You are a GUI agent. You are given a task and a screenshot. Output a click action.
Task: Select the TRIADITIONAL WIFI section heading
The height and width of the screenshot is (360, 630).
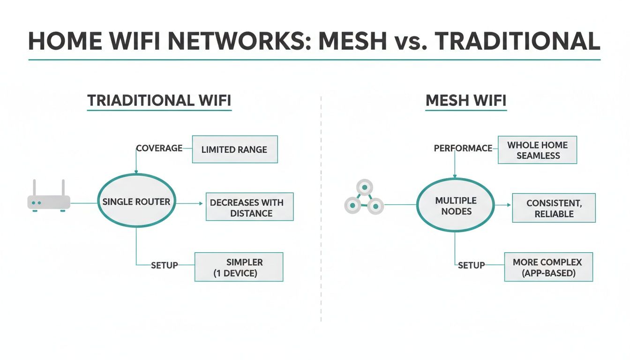[159, 100]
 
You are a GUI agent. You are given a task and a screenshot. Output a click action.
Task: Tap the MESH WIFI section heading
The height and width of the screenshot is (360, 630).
[465, 100]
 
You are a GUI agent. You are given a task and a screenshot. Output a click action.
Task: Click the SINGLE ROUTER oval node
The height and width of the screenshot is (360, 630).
[136, 202]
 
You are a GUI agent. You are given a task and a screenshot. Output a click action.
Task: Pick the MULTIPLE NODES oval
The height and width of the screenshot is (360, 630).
[456, 206]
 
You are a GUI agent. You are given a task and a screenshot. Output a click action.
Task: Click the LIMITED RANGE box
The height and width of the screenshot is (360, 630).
[234, 150]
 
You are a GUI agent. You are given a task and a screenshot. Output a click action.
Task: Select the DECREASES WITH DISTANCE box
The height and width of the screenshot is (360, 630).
[249, 208]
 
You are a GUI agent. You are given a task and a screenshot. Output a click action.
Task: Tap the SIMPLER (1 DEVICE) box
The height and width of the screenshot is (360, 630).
[239, 267]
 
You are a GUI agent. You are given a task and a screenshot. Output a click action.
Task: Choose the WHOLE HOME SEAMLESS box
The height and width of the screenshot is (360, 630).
[537, 150]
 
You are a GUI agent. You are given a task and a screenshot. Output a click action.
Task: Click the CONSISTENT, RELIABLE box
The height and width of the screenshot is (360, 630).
[554, 208]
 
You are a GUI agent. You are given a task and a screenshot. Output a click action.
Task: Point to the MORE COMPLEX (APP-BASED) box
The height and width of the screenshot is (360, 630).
[548, 267]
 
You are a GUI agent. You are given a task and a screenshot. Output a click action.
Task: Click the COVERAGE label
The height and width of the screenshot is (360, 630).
[159, 148]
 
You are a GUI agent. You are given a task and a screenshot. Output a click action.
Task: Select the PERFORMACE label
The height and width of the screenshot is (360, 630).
[463, 148]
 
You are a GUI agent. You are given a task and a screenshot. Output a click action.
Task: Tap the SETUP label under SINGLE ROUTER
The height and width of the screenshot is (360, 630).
[164, 265]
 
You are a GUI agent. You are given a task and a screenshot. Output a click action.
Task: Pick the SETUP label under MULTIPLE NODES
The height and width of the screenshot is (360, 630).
[471, 265]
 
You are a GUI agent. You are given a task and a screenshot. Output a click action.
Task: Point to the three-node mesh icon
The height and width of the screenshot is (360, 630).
[364, 199]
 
